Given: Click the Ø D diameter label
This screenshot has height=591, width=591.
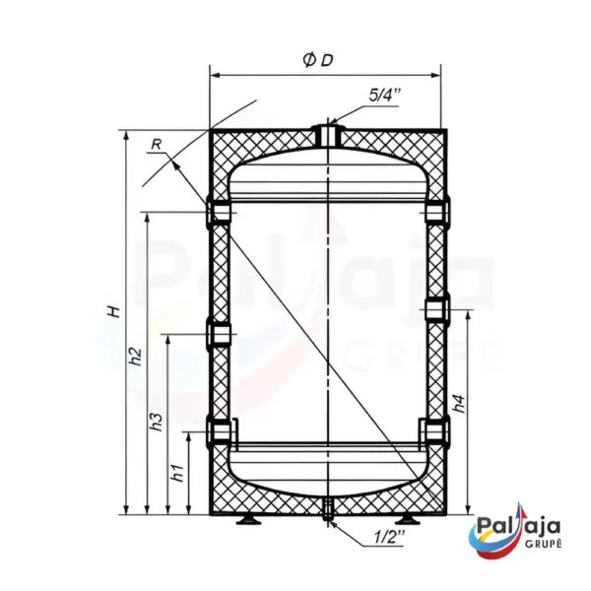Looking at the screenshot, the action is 319,60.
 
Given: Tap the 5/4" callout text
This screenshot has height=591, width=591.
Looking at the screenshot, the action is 383,96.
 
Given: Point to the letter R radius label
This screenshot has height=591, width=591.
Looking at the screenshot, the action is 157,145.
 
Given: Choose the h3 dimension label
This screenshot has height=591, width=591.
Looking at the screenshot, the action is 156,423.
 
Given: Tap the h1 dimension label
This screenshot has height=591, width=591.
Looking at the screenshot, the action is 177,472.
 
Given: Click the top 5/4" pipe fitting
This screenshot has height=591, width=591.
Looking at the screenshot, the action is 328,135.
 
